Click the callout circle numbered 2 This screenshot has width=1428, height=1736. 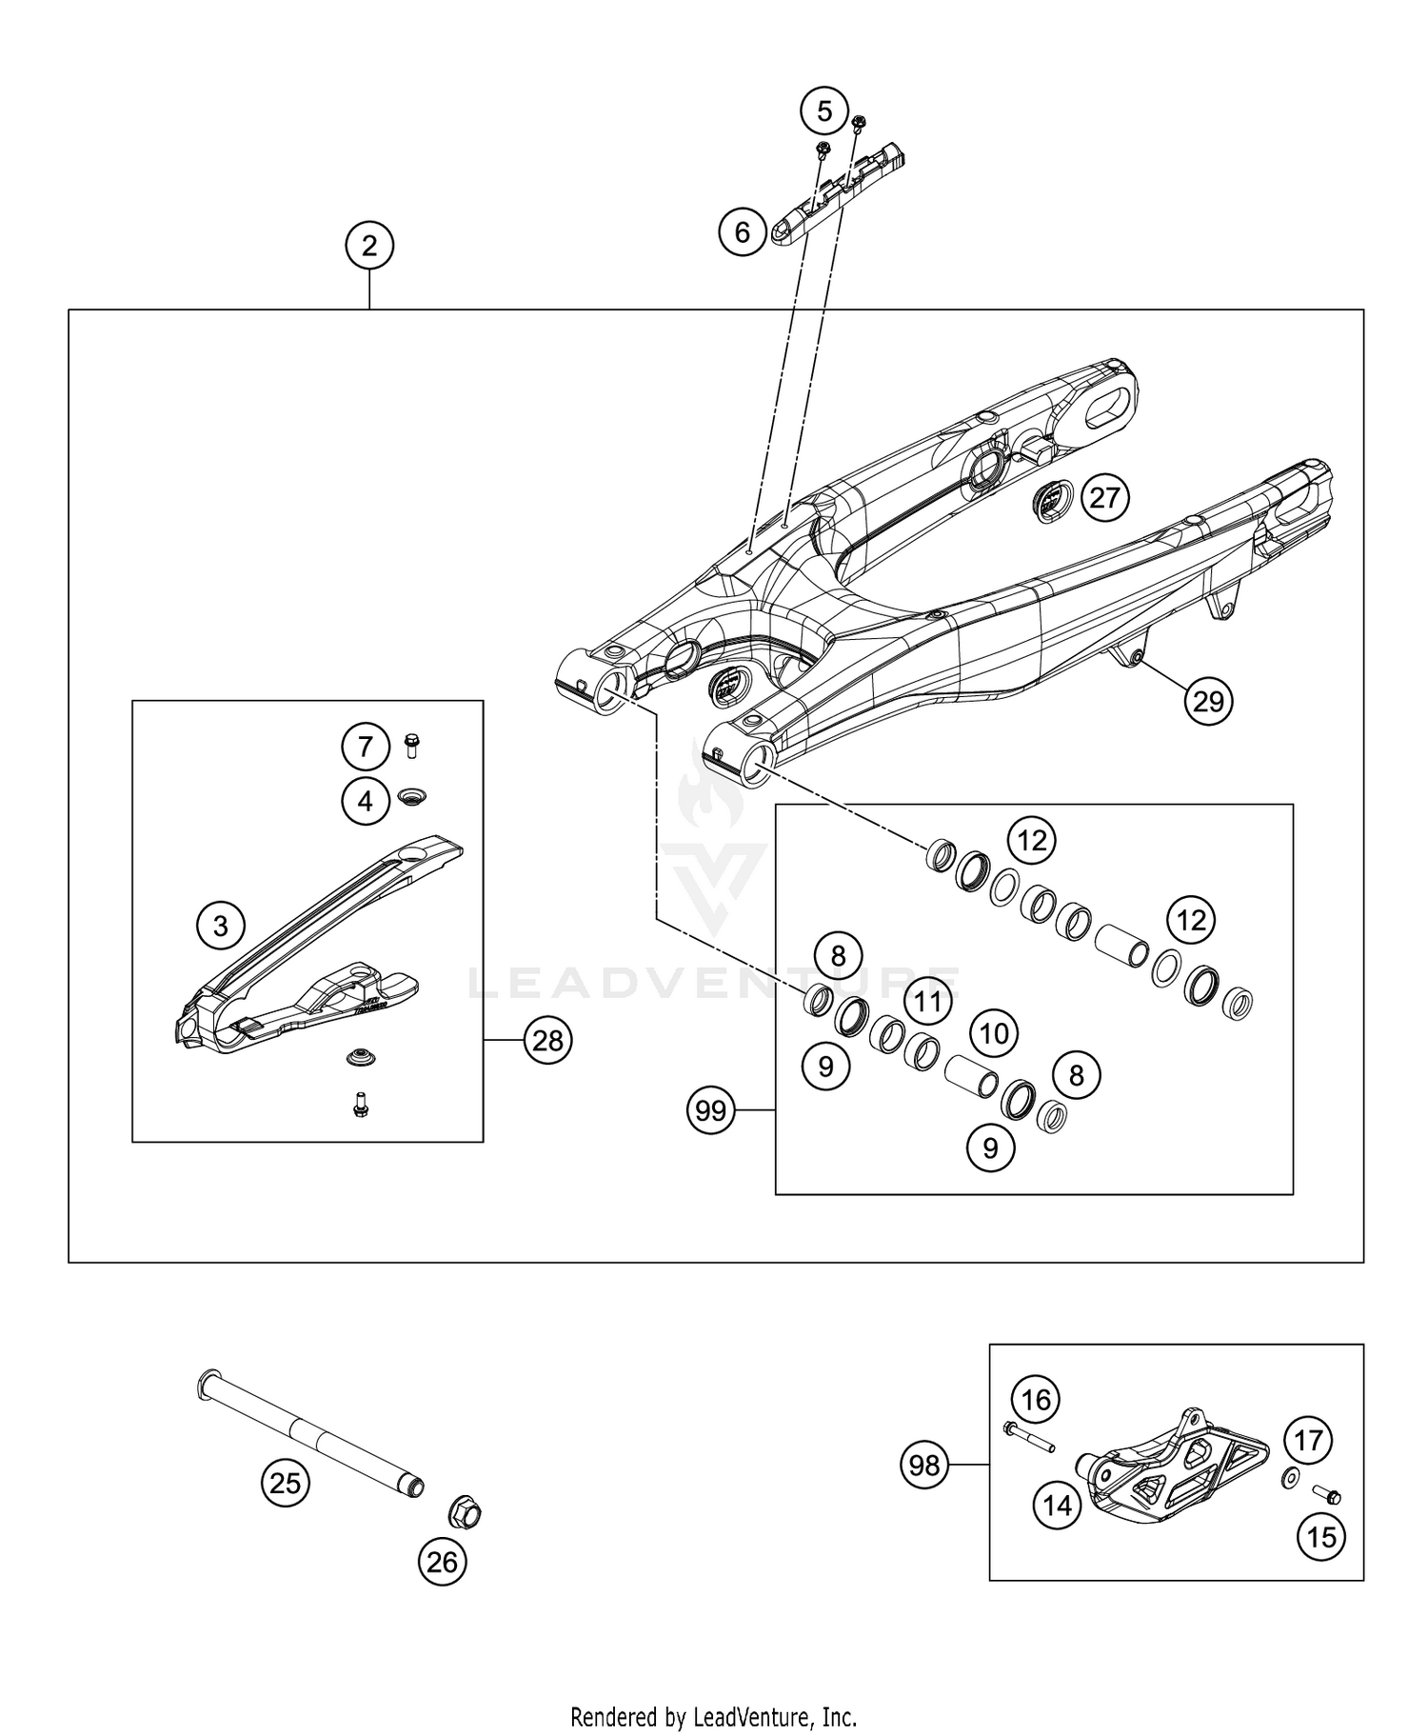point(368,247)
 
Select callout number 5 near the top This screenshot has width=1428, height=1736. point(823,111)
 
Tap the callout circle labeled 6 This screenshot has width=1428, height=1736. point(742,231)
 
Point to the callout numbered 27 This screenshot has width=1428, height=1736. point(1104,497)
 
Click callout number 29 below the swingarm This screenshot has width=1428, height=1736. point(1208,701)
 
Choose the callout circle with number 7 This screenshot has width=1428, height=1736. point(366,747)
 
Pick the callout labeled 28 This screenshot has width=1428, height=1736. point(547,1041)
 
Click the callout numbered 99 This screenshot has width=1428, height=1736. point(711,1110)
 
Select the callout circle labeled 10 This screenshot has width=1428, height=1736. point(994,1033)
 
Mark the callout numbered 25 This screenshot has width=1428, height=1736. point(285,1483)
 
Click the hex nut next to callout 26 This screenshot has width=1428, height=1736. point(465,1512)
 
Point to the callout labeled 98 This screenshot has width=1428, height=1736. point(924,1466)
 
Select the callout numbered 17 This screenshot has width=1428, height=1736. point(1309,1441)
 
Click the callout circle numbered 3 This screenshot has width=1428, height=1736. point(221,925)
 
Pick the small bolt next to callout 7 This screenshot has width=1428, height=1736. point(412,745)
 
